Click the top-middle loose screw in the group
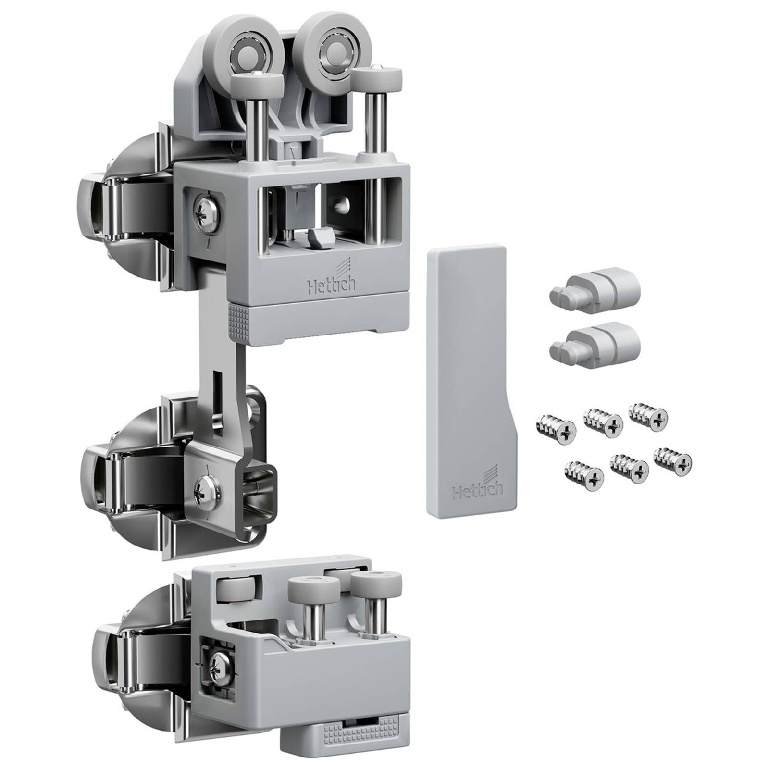604,422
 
